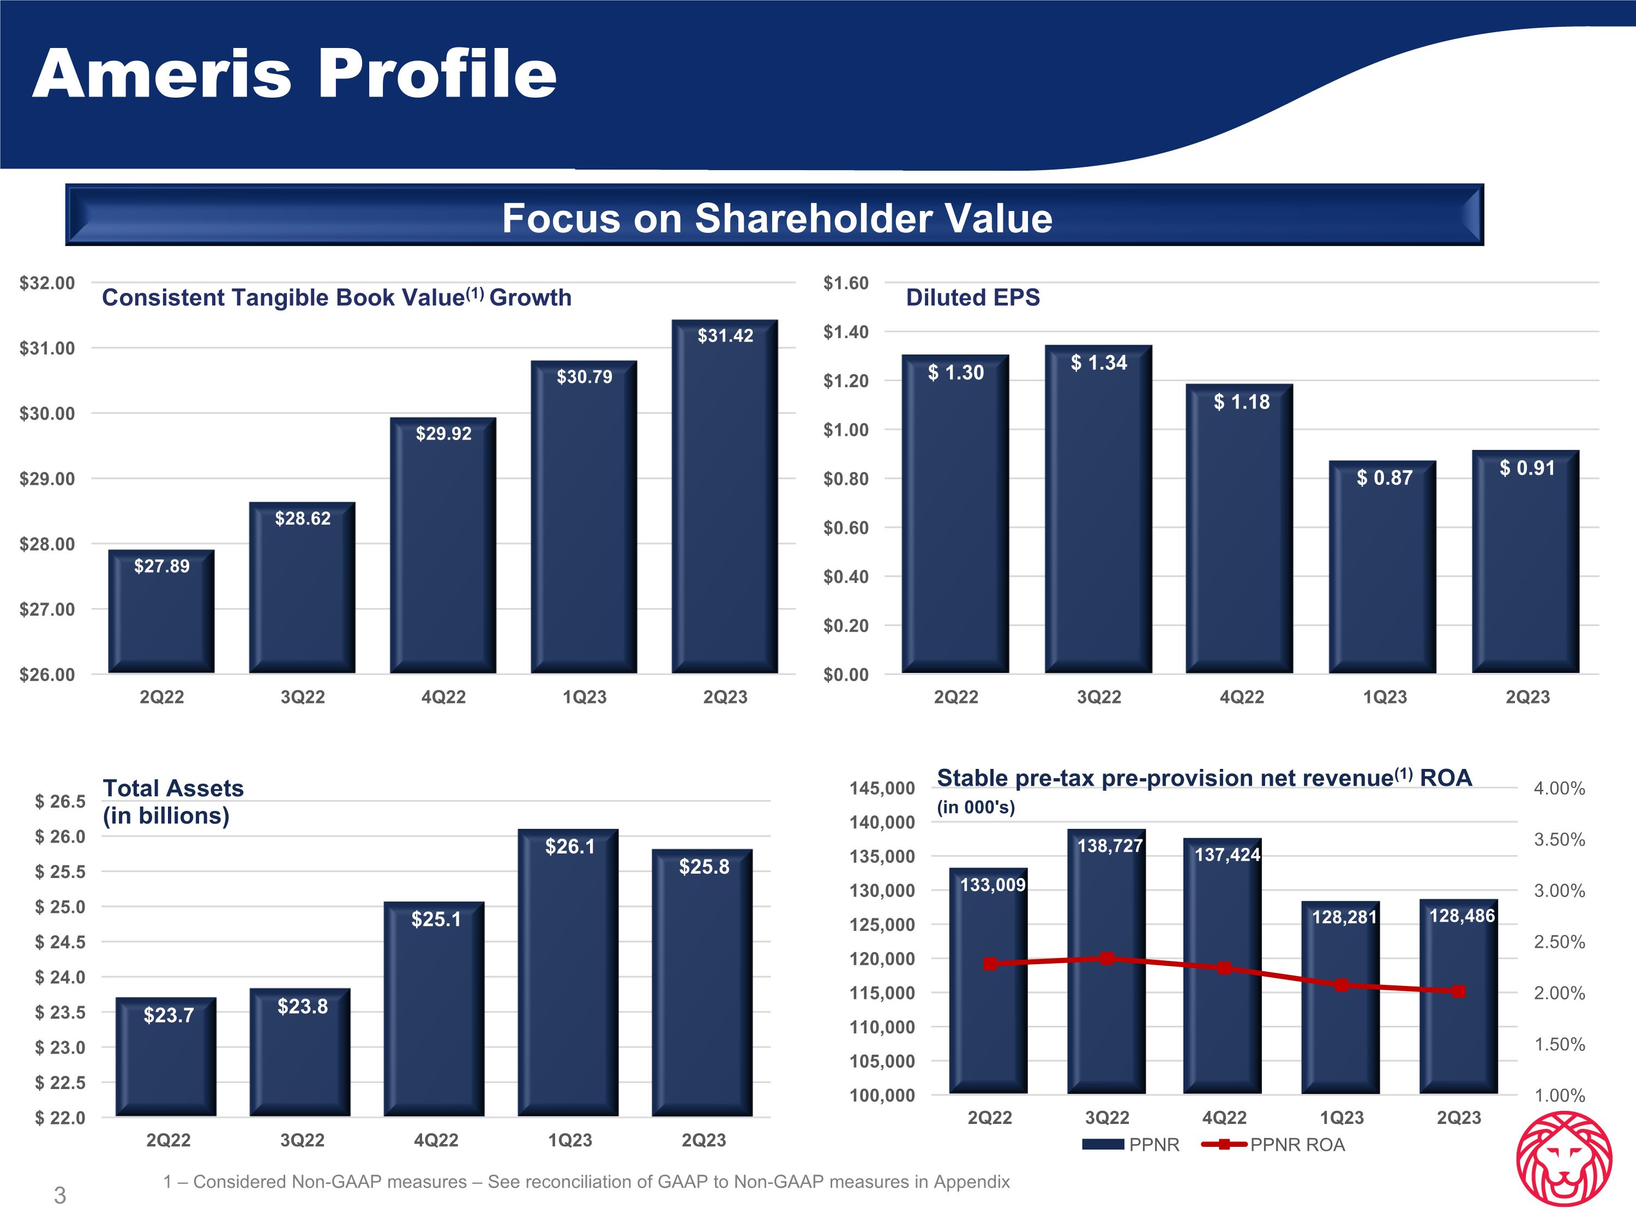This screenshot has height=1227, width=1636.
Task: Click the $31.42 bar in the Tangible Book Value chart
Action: click(724, 503)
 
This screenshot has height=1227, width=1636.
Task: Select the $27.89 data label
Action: click(161, 567)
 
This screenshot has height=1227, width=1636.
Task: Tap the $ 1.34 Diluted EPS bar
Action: click(1098, 518)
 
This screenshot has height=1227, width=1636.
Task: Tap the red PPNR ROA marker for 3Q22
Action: click(1107, 959)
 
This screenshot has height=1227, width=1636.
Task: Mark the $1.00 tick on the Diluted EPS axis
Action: click(846, 430)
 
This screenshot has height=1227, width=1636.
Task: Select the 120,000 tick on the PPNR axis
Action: click(882, 959)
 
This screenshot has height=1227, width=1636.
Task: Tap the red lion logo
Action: click(1563, 1169)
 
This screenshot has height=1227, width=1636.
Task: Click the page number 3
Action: click(60, 1195)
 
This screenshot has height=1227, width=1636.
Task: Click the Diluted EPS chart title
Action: click(972, 297)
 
